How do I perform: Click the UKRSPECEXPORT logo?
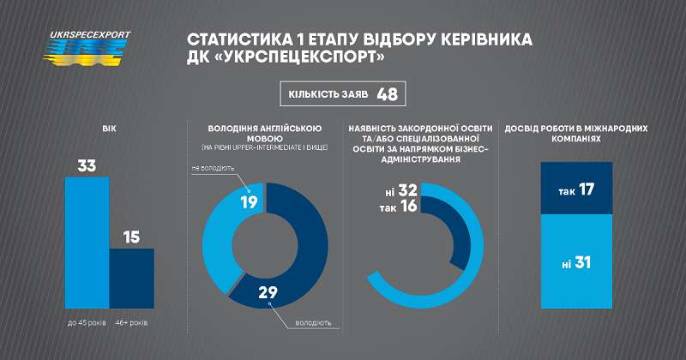coord(88,46)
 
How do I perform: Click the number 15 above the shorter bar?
coord(132,236)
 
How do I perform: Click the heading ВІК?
coord(109,129)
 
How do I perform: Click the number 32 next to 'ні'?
coord(407,190)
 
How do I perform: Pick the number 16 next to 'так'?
coord(407,207)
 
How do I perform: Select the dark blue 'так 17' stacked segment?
coord(576,188)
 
